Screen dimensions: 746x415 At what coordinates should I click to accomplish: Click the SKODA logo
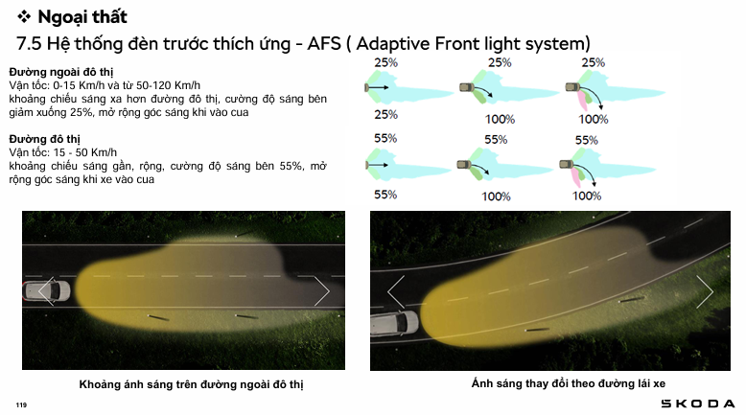coord(698,403)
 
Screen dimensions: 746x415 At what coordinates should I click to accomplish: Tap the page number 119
coord(21,405)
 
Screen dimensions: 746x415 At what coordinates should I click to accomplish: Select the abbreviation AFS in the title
coord(324,44)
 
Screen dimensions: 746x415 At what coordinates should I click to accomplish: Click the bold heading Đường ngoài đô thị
coord(61,72)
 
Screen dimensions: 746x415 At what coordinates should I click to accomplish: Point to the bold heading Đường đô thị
coord(45,139)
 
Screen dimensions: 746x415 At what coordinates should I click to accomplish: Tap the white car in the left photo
coord(47,291)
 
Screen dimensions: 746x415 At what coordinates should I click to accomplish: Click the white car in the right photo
coord(395,323)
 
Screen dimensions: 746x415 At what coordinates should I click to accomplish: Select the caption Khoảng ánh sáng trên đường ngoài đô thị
coord(191,384)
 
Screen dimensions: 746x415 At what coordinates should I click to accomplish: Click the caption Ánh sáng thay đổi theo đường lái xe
coord(569,383)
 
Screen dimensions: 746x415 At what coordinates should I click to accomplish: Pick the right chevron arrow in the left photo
coord(321,291)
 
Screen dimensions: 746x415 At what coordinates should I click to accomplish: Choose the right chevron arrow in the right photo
coord(705,291)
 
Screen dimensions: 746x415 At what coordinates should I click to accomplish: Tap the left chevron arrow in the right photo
coord(396,291)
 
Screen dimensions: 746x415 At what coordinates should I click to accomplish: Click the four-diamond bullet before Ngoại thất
coord(24,17)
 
